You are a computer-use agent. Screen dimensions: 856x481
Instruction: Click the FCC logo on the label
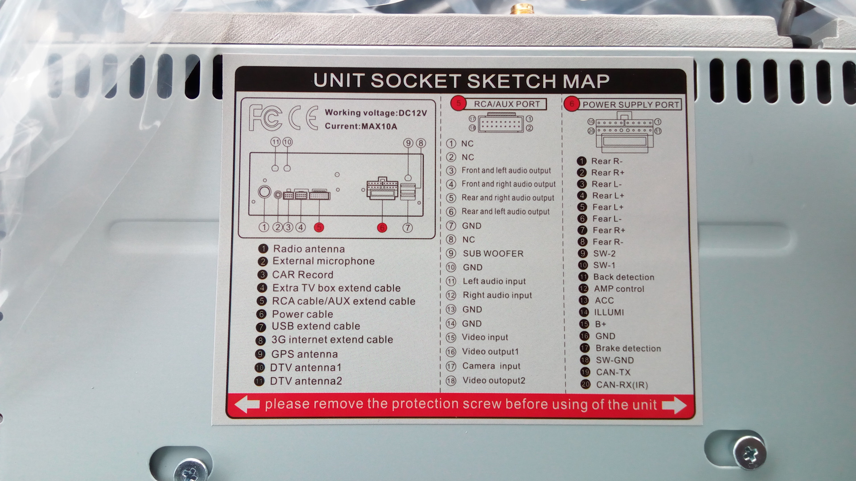click(x=265, y=118)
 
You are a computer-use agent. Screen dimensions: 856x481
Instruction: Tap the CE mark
click(x=303, y=118)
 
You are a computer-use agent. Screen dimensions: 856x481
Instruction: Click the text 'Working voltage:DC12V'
click(x=376, y=113)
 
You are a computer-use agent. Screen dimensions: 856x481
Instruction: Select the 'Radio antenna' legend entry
click(x=309, y=249)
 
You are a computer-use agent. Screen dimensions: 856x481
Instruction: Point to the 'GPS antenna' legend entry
click(x=305, y=354)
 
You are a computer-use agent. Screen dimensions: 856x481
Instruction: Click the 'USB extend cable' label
click(x=316, y=326)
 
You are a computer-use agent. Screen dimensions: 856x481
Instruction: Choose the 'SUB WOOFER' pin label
click(x=493, y=253)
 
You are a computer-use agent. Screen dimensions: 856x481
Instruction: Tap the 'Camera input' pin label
click(x=491, y=366)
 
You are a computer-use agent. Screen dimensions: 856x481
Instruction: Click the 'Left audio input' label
click(x=494, y=281)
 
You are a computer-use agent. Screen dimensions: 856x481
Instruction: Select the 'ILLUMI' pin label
click(x=609, y=312)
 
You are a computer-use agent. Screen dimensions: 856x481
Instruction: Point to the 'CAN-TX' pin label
click(x=613, y=372)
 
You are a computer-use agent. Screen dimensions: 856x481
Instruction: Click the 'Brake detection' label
click(x=628, y=348)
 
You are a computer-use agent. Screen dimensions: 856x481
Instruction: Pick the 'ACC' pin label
click(x=604, y=301)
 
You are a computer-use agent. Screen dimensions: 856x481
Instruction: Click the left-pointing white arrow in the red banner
click(x=247, y=405)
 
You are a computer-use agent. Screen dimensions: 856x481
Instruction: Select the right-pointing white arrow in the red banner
click(x=674, y=405)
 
